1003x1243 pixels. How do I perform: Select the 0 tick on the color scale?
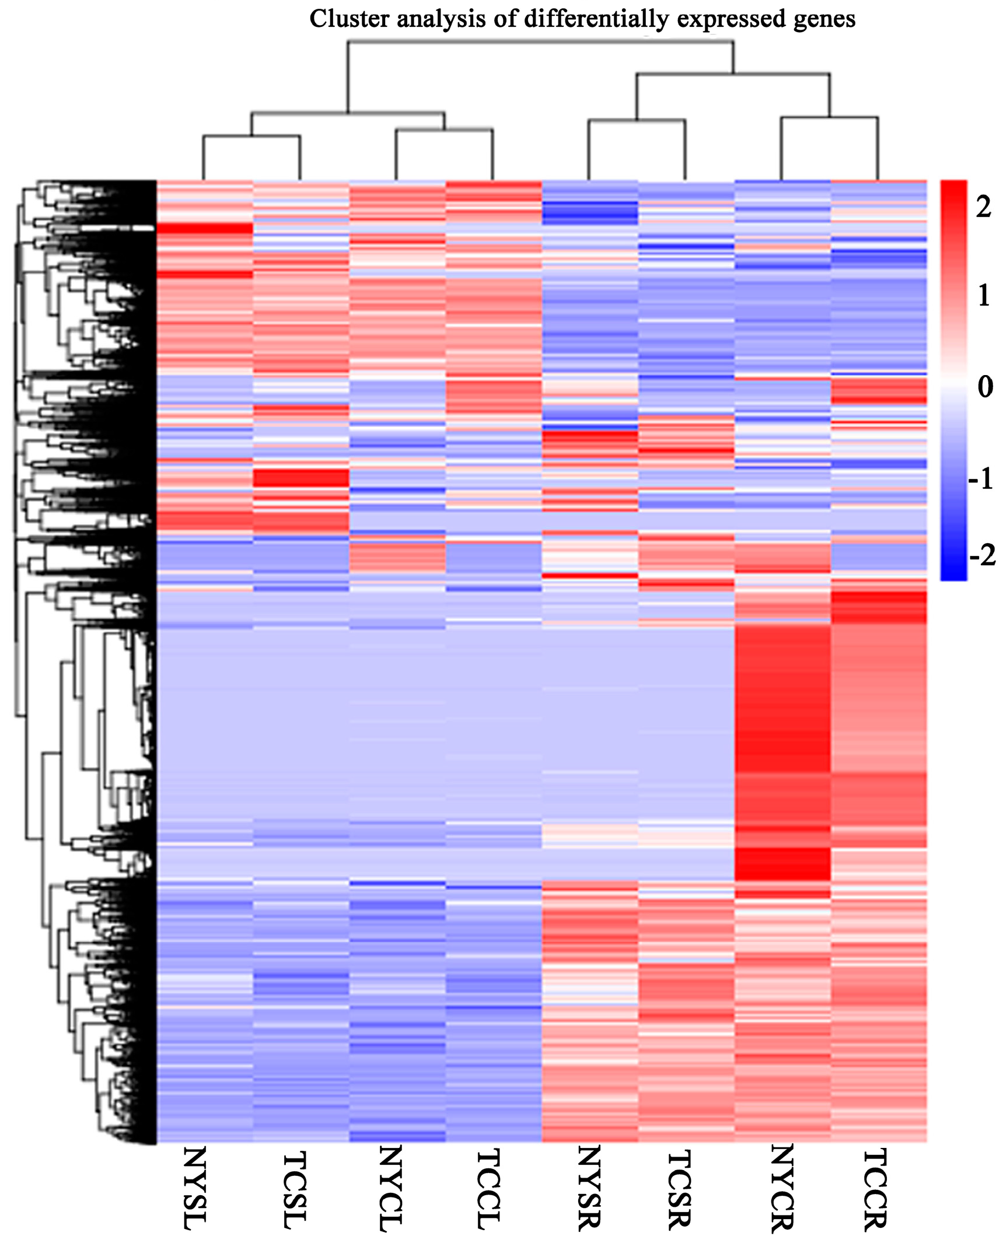click(985, 386)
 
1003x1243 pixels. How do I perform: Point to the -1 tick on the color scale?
click(980, 479)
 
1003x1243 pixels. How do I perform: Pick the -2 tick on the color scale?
click(982, 555)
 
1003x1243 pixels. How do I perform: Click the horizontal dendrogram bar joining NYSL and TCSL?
click(251, 136)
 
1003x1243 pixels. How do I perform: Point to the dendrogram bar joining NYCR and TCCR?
click(830, 118)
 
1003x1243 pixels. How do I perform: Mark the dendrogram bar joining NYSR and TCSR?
click(637, 120)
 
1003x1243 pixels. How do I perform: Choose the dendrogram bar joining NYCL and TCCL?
click(444, 129)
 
